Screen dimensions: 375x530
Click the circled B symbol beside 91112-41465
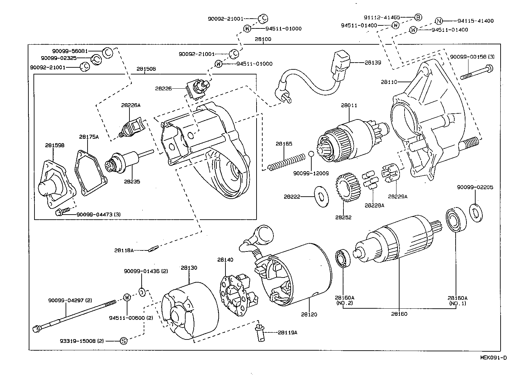(x=418, y=17)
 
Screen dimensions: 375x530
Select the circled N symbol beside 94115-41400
(x=438, y=21)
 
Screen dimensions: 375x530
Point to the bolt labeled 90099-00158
(x=476, y=72)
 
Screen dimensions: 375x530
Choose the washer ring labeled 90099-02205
(x=476, y=213)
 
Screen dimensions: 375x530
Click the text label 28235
(x=132, y=181)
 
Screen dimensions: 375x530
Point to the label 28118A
(x=124, y=250)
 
